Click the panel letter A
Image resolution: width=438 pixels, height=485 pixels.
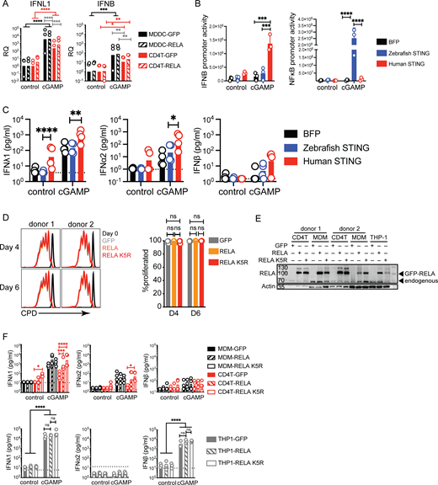pos(6,6)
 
